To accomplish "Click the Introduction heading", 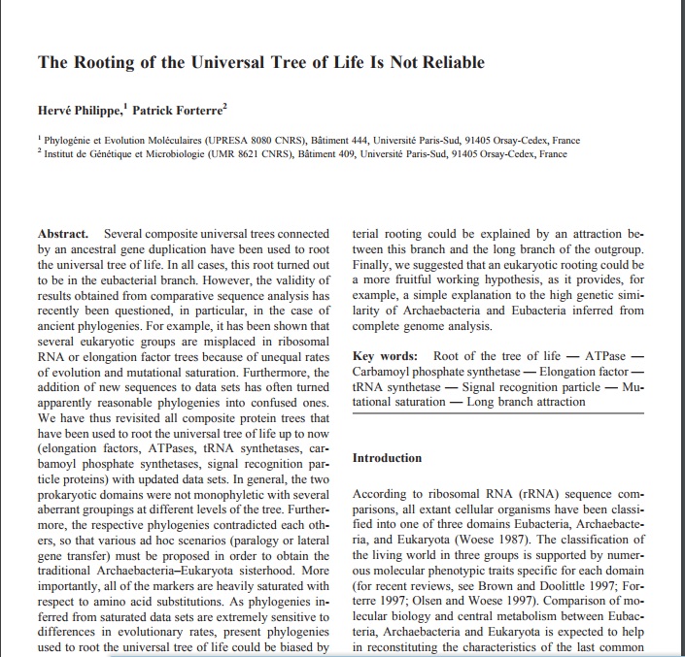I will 387,458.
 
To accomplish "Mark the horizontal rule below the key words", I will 497,413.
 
